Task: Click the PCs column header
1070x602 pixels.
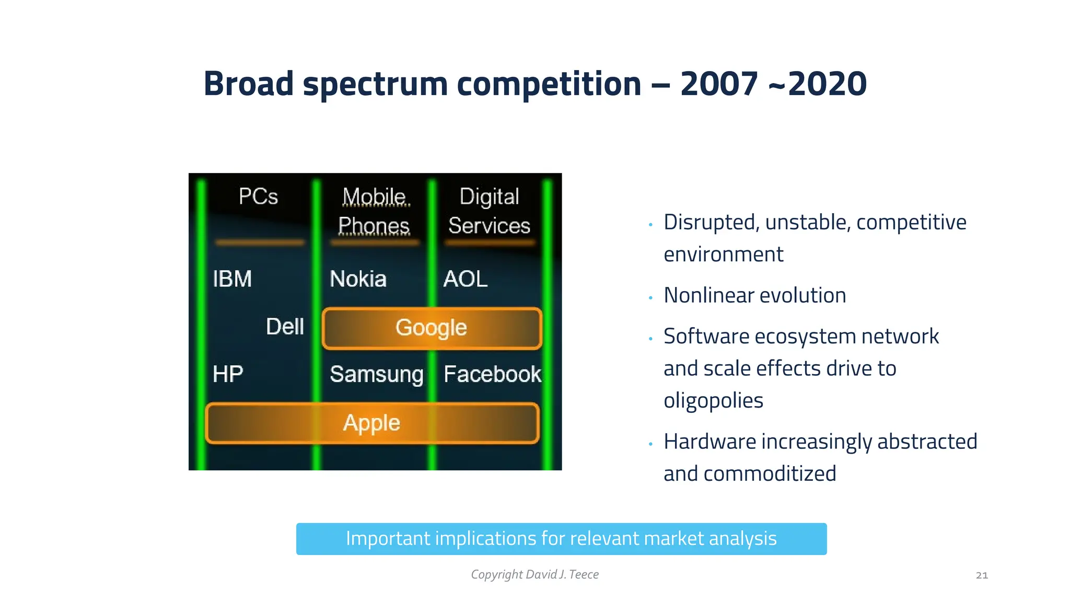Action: (x=258, y=197)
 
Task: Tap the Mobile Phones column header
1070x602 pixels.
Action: (x=374, y=212)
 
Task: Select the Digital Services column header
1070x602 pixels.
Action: (x=489, y=212)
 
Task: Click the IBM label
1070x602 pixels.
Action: (x=232, y=279)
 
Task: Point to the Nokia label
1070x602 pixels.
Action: (x=358, y=279)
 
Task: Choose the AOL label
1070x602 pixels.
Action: (x=465, y=279)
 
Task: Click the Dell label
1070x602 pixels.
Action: (x=285, y=327)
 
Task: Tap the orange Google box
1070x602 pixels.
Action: (x=432, y=328)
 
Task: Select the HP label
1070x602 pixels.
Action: (x=228, y=374)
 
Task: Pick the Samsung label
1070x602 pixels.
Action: (x=377, y=374)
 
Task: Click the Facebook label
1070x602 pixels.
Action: (x=492, y=374)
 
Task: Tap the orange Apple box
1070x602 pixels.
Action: (x=371, y=423)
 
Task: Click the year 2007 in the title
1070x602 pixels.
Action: (x=719, y=84)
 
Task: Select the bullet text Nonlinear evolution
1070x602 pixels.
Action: (x=754, y=295)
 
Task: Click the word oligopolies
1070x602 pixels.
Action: (x=713, y=401)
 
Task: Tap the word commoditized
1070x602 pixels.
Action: (x=770, y=473)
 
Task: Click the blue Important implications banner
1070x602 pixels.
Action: (x=561, y=539)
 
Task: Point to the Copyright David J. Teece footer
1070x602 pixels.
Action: (x=534, y=574)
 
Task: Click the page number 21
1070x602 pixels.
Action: (x=982, y=575)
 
